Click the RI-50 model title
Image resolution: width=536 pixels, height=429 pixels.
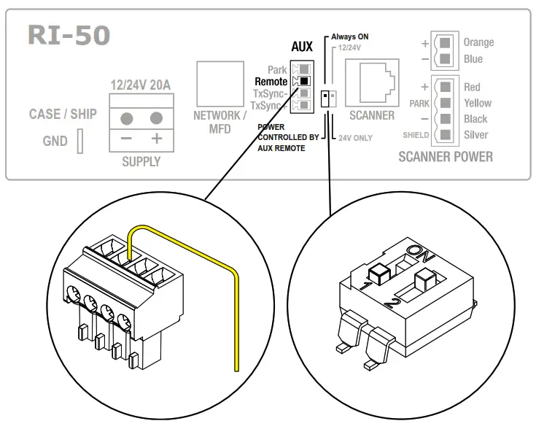[69, 36]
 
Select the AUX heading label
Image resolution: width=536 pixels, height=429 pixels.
[301, 47]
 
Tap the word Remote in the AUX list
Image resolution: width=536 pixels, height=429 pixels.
[271, 82]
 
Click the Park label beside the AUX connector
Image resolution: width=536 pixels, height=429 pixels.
[276, 70]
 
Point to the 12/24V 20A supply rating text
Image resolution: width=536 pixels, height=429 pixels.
[140, 85]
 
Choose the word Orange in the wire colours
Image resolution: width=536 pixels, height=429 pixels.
[478, 42]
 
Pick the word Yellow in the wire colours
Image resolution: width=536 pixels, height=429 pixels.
[478, 103]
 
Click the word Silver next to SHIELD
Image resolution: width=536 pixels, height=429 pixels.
[476, 135]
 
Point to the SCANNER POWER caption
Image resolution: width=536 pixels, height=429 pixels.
[446, 156]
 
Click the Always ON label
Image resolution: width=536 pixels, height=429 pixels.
[349, 36]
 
